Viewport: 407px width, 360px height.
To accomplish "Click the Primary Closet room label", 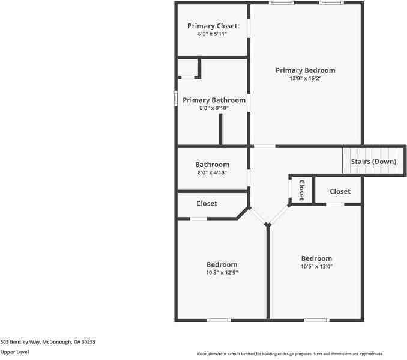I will pos(212,26).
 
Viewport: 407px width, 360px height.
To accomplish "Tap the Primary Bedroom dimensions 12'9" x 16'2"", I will pos(305,78).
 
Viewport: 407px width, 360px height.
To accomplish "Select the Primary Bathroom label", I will pos(214,100).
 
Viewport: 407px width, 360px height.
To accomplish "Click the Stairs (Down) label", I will pos(373,161).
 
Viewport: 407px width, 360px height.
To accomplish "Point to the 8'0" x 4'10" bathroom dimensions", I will pos(212,172).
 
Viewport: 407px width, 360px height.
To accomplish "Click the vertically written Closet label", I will pos(301,190).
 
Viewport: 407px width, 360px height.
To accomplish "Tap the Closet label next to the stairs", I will pos(340,191).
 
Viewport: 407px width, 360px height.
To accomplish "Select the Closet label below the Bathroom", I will pos(207,203).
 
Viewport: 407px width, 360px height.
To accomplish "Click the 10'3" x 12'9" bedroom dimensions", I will pos(222,272).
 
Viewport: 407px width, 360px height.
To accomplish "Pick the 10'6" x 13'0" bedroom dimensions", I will pos(316,266).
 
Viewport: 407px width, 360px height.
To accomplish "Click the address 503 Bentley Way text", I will pos(48,341).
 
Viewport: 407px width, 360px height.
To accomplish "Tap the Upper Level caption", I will pos(14,352).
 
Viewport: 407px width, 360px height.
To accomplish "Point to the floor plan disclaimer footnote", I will pos(291,354).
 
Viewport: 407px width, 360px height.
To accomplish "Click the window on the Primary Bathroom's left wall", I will pos(176,98).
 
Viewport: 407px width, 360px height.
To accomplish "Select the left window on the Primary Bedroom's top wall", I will pos(281,3).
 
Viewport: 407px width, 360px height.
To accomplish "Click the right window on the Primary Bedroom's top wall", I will pos(331,3).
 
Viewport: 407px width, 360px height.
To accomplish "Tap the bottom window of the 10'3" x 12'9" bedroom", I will pos(219,320).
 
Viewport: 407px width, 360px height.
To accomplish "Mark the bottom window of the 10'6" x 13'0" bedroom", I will pos(316,320).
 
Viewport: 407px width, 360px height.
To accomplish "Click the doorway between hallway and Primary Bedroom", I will pos(264,146).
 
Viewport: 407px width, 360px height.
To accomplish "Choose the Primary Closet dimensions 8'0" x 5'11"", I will pos(212,34).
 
